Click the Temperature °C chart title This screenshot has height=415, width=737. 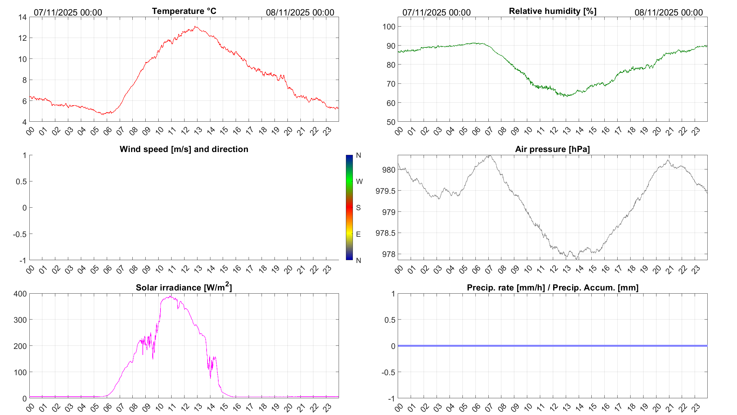pyautogui.click(x=184, y=11)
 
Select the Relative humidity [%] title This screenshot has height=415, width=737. pyautogui.click(x=553, y=11)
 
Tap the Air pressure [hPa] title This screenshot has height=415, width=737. pyautogui.click(x=552, y=149)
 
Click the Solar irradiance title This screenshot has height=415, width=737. pyautogui.click(x=184, y=287)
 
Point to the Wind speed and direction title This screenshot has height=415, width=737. pyautogui.click(x=184, y=149)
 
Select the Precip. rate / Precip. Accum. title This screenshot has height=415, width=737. pyautogui.click(x=553, y=288)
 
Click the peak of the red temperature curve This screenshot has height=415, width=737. pyautogui.click(x=195, y=27)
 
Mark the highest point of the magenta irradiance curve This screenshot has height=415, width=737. pyautogui.click(x=170, y=296)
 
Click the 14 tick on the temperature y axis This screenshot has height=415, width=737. pyautogui.click(x=22, y=17)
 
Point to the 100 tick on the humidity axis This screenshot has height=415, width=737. pyautogui.click(x=389, y=27)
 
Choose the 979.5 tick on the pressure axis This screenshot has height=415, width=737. pyautogui.click(x=385, y=191)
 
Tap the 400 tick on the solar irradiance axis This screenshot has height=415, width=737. pyautogui.click(x=20, y=294)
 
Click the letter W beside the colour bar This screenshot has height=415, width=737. pyautogui.click(x=359, y=181)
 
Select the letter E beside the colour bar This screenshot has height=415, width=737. pyautogui.click(x=358, y=234)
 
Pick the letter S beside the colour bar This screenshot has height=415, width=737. pyautogui.click(x=358, y=208)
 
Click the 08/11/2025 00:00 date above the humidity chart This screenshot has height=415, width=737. pyautogui.click(x=668, y=12)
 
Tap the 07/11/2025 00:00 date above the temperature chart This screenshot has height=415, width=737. pyautogui.click(x=68, y=12)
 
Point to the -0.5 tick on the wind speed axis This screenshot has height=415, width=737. pyautogui.click(x=20, y=234)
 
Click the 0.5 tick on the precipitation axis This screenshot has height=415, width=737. pyautogui.click(x=390, y=320)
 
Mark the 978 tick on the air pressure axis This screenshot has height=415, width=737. pyautogui.click(x=389, y=254)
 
